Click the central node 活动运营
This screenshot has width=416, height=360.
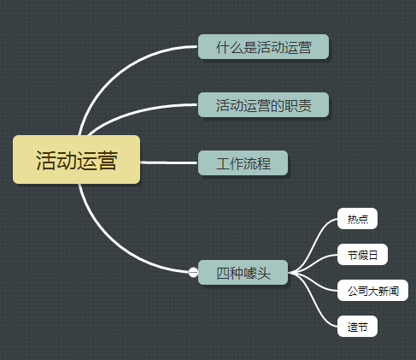point(76,160)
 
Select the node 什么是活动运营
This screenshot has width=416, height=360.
point(263,47)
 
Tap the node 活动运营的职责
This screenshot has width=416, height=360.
point(263,105)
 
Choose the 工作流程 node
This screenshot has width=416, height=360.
point(243,163)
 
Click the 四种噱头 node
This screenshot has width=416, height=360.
point(243,273)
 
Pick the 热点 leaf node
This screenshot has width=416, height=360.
point(357,219)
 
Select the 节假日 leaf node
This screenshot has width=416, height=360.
point(362,255)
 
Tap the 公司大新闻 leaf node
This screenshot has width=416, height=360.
point(372,291)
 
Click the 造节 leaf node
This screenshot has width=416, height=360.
point(357,327)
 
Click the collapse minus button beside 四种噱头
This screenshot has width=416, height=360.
point(193,272)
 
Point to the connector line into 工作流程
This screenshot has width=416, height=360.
point(169,162)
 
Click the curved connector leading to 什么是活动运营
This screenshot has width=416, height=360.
point(114,74)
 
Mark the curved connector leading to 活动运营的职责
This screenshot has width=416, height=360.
point(137,113)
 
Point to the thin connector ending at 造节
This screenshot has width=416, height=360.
point(313,300)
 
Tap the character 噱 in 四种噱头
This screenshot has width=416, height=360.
point(250,273)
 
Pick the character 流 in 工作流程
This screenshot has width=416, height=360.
point(250,163)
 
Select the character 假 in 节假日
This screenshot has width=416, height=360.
point(362,255)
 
